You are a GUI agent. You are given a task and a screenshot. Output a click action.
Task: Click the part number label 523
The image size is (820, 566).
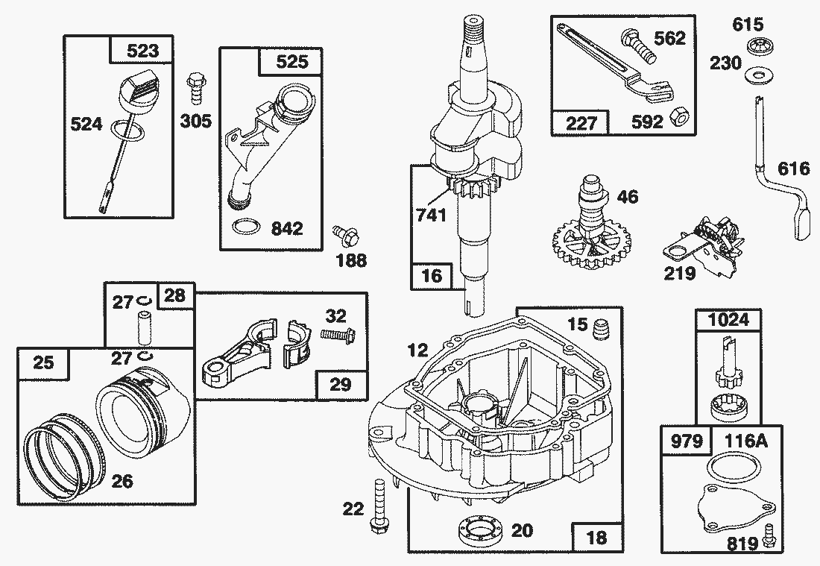tap(142, 51)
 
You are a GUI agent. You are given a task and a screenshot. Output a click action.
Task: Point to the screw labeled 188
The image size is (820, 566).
tap(344, 236)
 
